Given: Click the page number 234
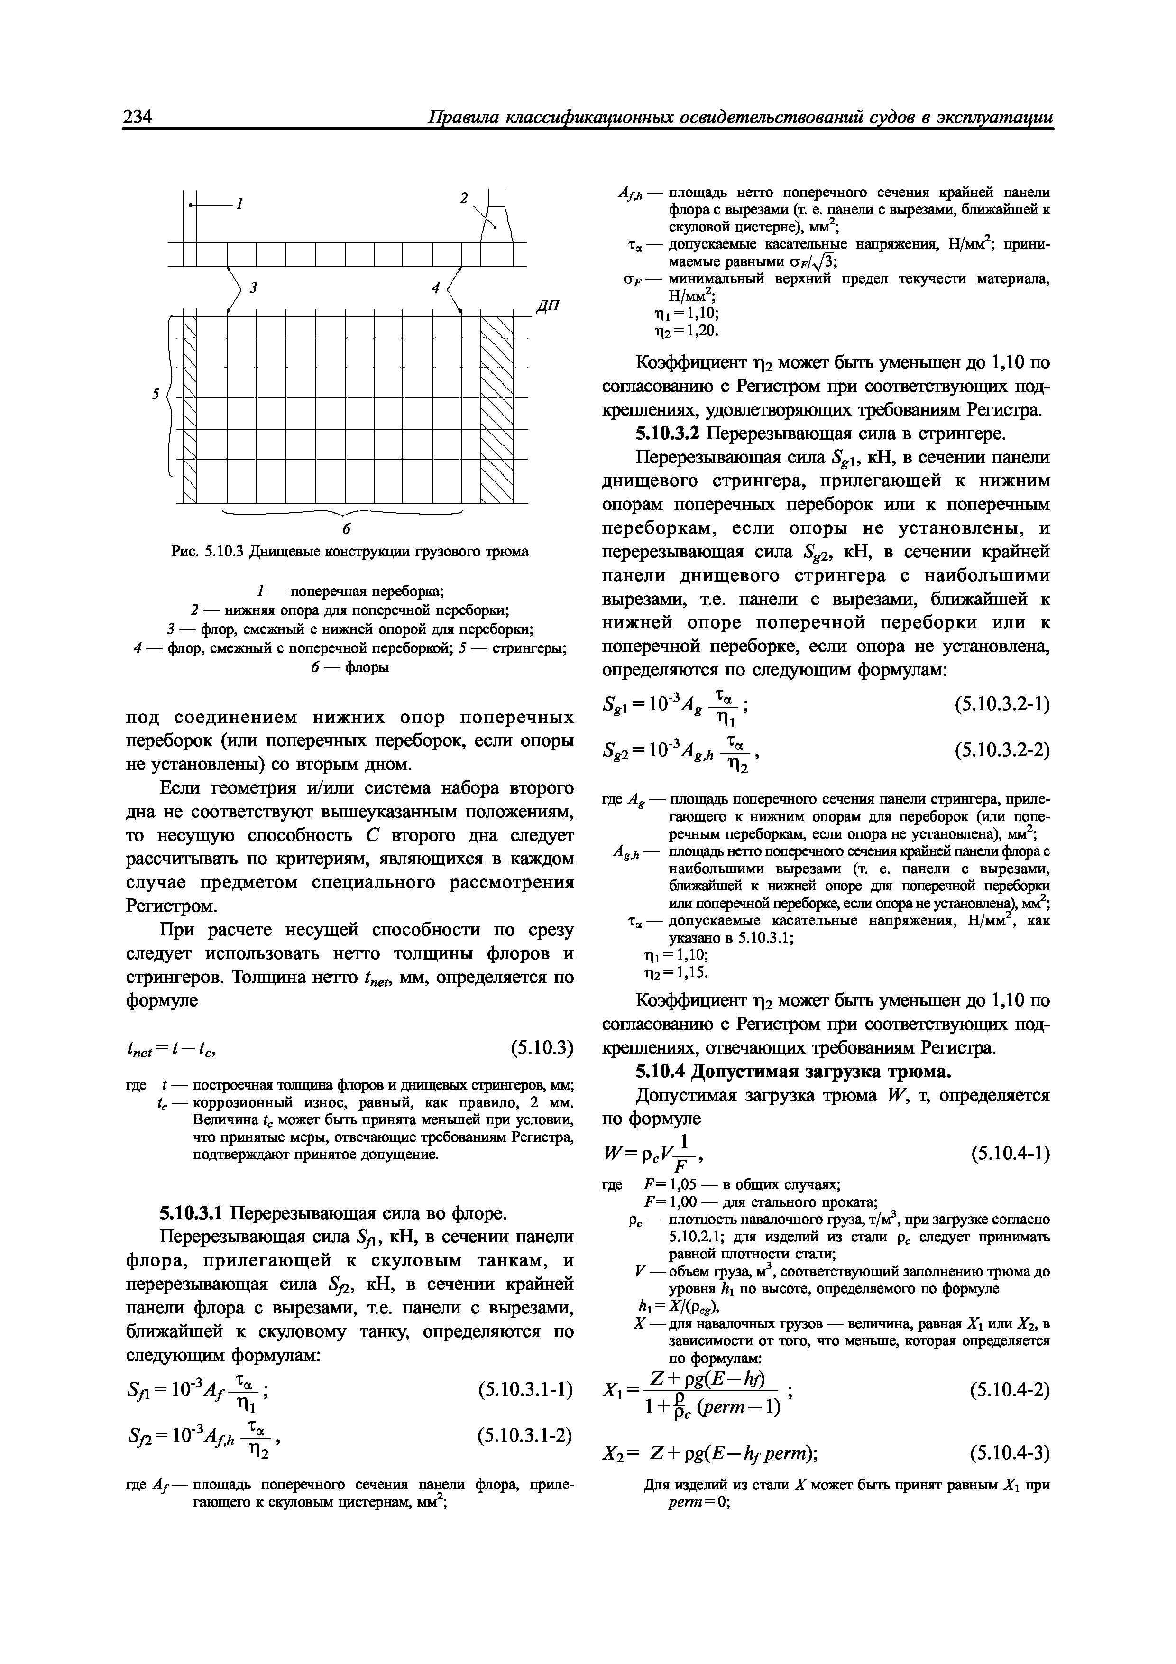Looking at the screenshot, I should (137, 118).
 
